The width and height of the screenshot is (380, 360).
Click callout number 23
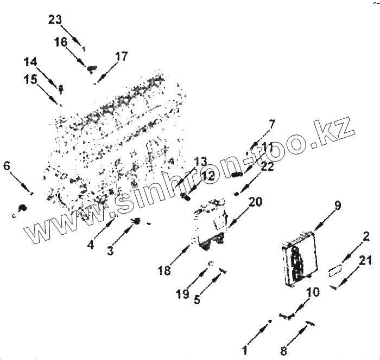(55, 20)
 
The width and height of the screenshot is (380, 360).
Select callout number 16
(61, 41)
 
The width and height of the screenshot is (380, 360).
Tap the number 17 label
(121, 56)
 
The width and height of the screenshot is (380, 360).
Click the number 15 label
(30, 79)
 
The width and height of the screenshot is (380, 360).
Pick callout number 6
(7, 165)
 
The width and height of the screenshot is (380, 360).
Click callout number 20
(255, 202)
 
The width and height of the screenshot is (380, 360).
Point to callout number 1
(244, 350)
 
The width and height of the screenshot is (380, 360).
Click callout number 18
(165, 269)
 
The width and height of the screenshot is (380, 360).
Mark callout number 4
(90, 245)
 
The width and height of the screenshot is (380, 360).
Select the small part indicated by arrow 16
(92, 68)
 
